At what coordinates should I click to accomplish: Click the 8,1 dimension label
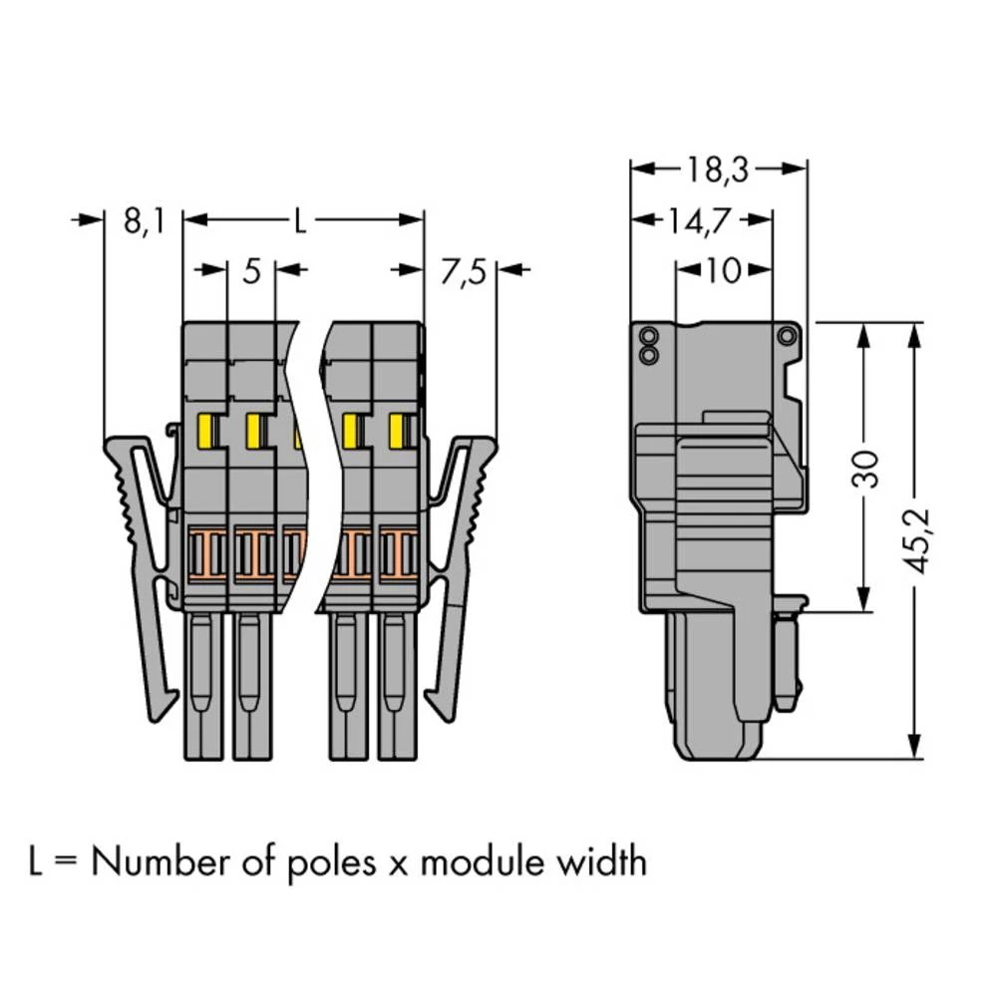pos(144,221)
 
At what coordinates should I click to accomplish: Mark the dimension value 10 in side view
pos(723,270)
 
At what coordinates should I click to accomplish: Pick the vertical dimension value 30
pos(868,468)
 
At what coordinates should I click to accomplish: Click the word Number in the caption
pos(167,861)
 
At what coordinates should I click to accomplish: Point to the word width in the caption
pos(600,861)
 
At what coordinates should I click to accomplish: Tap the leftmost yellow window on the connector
pos(210,431)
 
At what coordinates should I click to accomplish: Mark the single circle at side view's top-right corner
pos(787,336)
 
